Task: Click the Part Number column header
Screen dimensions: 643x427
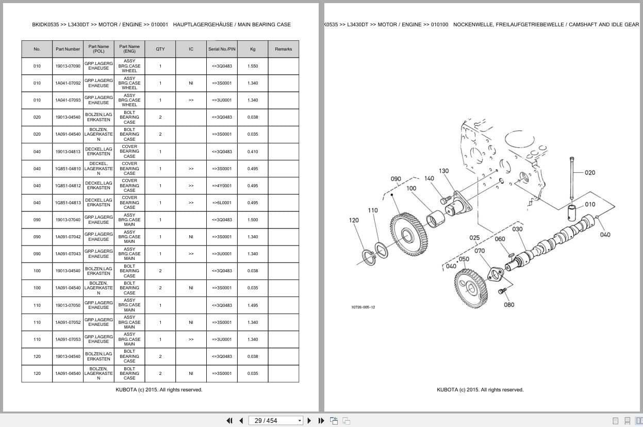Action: [68, 49]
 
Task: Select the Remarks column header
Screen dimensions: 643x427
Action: [283, 49]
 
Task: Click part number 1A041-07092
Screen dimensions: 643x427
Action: [68, 83]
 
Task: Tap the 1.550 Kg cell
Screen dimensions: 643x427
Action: [253, 66]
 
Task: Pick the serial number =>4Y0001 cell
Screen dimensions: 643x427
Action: [222, 186]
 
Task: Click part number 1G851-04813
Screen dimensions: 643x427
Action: [68, 203]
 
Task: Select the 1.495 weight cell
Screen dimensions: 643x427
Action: [253, 305]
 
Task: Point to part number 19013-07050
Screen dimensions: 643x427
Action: [68, 305]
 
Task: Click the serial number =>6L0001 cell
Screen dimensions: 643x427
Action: [222, 203]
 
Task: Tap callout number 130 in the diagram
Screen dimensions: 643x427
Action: [443, 171]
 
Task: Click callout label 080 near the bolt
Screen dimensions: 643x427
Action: [509, 305]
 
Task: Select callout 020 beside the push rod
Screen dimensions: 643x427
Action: [590, 173]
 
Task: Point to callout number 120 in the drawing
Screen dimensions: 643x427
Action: [354, 220]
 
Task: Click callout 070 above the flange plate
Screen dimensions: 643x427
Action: [480, 251]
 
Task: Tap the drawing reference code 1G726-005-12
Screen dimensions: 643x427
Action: [363, 307]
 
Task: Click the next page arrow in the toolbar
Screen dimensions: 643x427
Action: [309, 421]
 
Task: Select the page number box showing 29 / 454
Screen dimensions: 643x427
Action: [275, 421]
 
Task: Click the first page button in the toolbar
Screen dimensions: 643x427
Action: [229, 421]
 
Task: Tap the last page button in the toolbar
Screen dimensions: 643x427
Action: [321, 421]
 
